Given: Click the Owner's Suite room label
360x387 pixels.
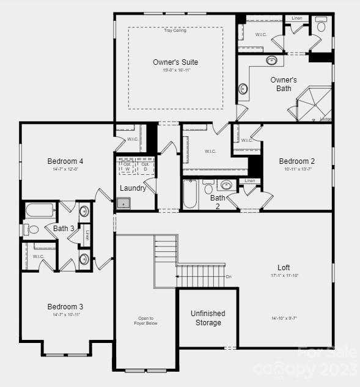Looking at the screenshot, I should (x=175, y=62).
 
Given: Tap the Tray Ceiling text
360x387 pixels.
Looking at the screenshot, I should (x=175, y=31).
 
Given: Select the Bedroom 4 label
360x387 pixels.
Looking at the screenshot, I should (x=65, y=161).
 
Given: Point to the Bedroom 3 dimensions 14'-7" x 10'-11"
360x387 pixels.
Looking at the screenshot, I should (x=66, y=314).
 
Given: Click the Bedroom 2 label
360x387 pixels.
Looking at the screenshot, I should (x=297, y=161).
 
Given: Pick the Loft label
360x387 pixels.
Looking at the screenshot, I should (x=284, y=267).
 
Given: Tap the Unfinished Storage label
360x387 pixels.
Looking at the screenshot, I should (x=208, y=318).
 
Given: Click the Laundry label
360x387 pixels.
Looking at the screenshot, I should (x=133, y=188).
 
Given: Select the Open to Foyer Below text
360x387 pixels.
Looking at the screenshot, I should (x=145, y=321).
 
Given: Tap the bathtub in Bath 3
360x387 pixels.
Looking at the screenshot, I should (x=40, y=211).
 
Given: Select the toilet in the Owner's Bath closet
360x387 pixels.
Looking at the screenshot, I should (x=321, y=26).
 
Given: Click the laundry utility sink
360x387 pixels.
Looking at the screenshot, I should (x=124, y=203).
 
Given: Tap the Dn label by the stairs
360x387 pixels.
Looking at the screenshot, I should (x=229, y=276).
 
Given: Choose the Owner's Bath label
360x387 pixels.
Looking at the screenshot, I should (x=284, y=84).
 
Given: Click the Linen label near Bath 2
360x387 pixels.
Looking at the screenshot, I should (x=249, y=181).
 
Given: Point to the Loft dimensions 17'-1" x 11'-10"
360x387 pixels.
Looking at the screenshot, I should (x=284, y=276).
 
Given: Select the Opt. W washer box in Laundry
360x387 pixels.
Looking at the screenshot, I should (x=127, y=166).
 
